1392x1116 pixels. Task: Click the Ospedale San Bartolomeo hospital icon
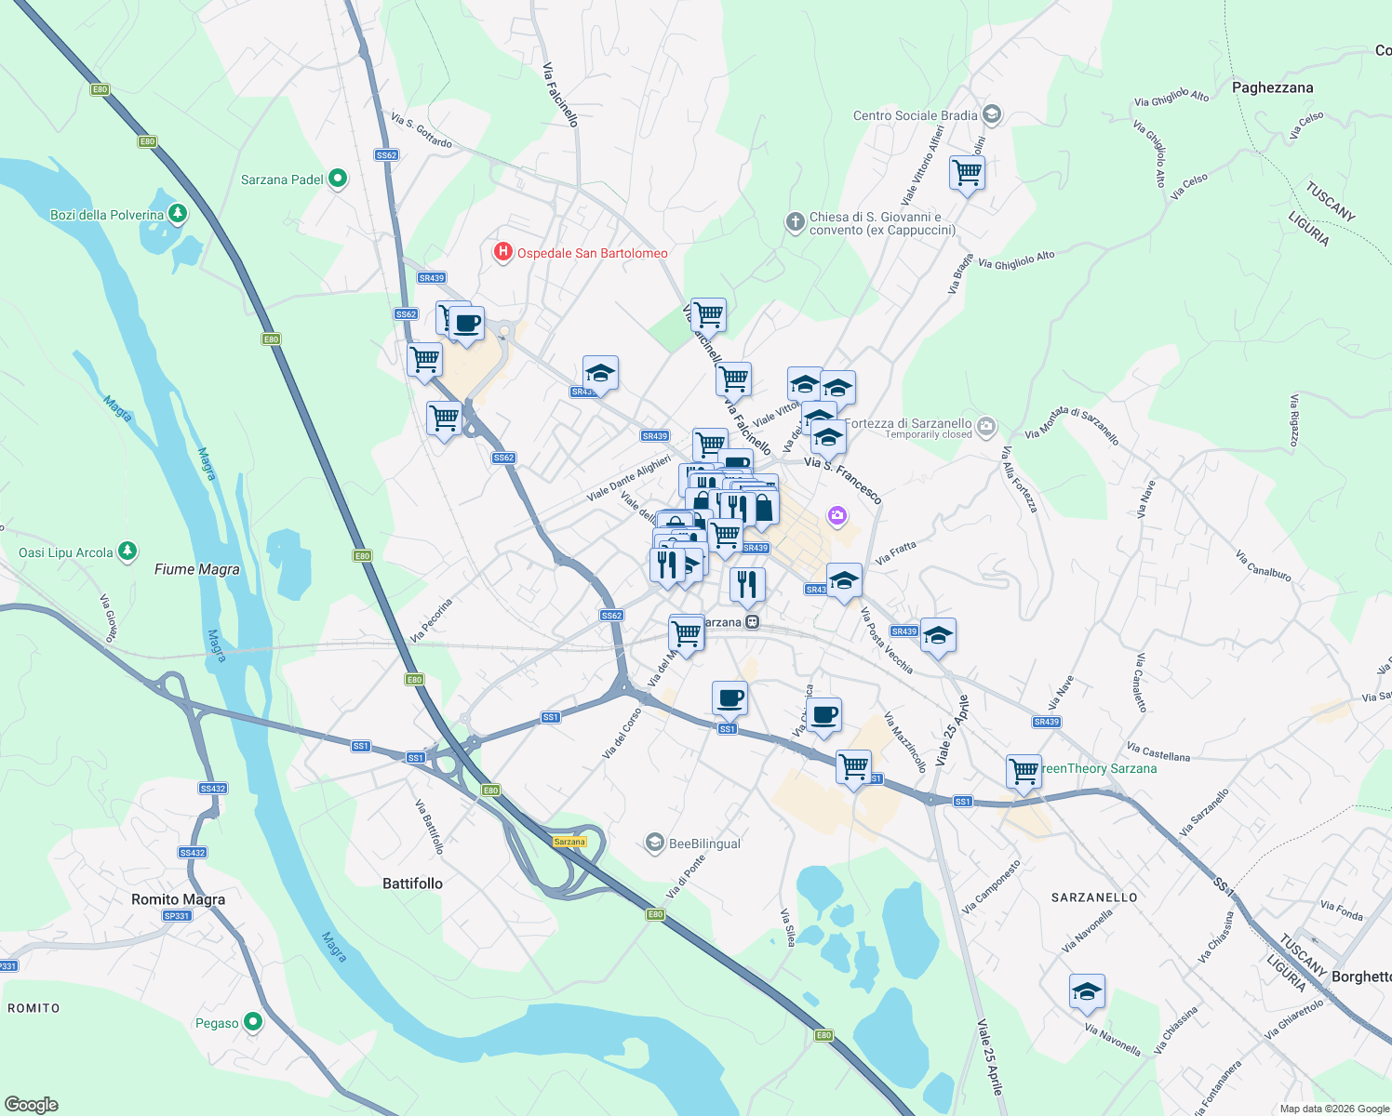pos(503,252)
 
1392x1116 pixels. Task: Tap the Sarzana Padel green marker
pos(338,179)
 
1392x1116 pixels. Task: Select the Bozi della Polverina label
pos(107,215)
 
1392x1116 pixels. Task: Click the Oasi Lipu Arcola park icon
pos(128,551)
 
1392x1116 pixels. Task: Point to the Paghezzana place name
pos(1272,87)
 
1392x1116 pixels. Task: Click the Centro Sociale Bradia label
pos(915,115)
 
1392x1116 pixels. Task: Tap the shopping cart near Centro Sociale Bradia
pos(967,172)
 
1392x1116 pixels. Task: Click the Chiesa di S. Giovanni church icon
pos(795,221)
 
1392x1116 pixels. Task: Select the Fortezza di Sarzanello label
pos(907,423)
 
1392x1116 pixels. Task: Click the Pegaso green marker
pos(253,1022)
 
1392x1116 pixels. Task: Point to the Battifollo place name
pos(412,883)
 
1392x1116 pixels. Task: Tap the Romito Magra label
pos(178,899)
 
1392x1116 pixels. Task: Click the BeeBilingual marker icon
pos(655,844)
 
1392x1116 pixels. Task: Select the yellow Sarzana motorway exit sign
pos(569,842)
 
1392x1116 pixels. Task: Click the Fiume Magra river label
pos(196,569)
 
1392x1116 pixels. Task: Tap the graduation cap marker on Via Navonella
pos(1087,991)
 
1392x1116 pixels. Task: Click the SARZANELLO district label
pos(1093,897)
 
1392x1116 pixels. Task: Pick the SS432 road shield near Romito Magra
pos(212,788)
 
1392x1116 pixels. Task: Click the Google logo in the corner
pos(31,1104)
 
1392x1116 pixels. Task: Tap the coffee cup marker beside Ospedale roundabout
pos(468,324)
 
